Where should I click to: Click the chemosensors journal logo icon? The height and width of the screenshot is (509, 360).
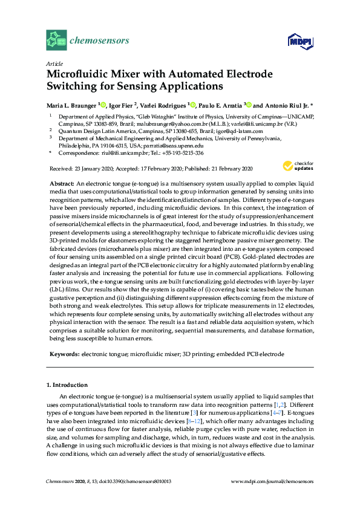click(x=56, y=41)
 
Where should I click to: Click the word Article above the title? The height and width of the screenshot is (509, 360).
click(x=54, y=63)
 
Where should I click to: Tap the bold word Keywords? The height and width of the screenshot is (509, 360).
click(x=64, y=353)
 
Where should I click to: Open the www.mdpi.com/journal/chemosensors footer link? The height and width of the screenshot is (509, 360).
click(x=273, y=481)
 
